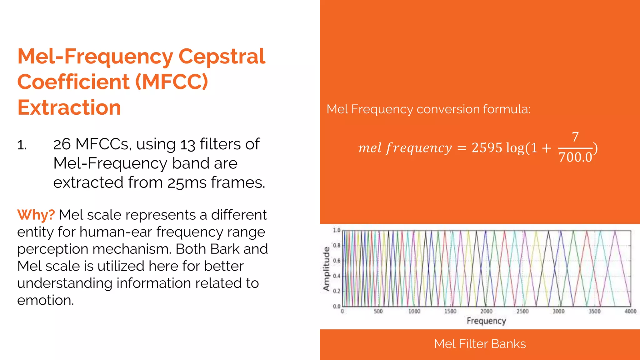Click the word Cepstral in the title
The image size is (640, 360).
click(x=222, y=57)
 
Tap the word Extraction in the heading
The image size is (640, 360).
click(x=69, y=107)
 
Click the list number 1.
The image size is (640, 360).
click(x=22, y=145)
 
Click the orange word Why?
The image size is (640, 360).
click(x=36, y=215)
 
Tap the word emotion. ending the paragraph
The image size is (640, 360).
click(x=46, y=300)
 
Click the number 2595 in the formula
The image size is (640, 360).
click(x=487, y=148)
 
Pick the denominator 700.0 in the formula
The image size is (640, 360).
click(x=575, y=157)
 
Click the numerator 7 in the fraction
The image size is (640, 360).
click(x=575, y=137)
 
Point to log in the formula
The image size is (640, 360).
click(x=515, y=148)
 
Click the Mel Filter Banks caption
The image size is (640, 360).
click(x=480, y=344)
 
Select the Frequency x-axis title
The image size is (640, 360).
click(x=486, y=321)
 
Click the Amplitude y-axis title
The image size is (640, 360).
click(x=326, y=269)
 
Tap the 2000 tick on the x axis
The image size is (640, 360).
click(x=486, y=311)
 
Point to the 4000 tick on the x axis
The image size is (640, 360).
click(x=630, y=311)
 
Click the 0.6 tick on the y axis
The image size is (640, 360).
click(x=337, y=261)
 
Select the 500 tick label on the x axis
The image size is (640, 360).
click(x=378, y=311)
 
